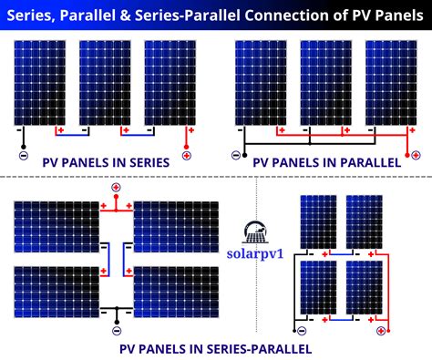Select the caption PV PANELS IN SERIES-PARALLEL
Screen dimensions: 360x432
(215, 348)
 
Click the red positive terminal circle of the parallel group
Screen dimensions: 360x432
(416, 154)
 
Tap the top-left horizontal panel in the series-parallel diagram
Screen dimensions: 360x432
(56, 225)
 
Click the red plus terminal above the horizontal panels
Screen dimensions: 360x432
(116, 188)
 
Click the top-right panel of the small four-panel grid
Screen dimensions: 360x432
(363, 221)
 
